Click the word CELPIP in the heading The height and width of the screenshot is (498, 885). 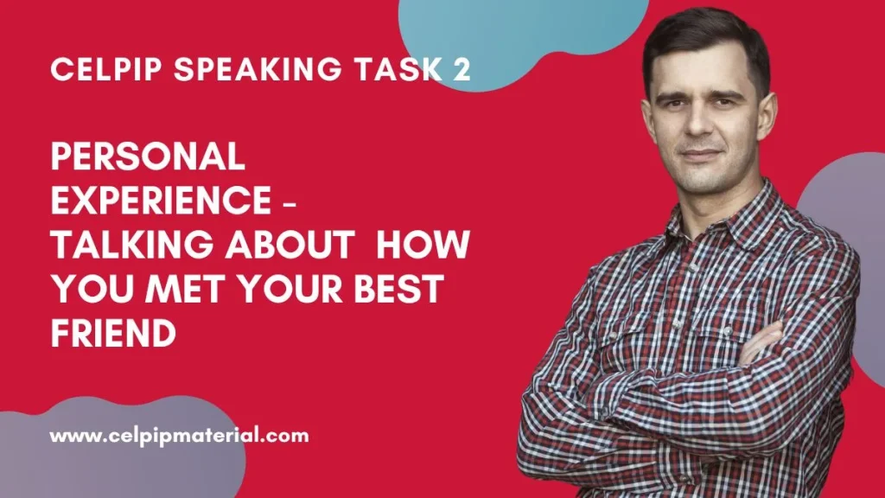coord(106,69)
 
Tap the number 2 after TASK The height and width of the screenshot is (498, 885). coord(462,69)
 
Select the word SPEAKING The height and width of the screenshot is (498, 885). coord(258,69)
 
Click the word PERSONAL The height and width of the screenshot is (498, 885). coord(149,156)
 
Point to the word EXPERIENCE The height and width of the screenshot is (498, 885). coord(162,200)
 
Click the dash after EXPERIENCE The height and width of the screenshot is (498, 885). coord(289,201)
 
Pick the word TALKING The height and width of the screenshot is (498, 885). coord(132,244)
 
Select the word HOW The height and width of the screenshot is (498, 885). coord(423,244)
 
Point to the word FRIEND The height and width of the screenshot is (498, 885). coord(113,333)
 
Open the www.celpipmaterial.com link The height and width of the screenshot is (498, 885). coord(180,436)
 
